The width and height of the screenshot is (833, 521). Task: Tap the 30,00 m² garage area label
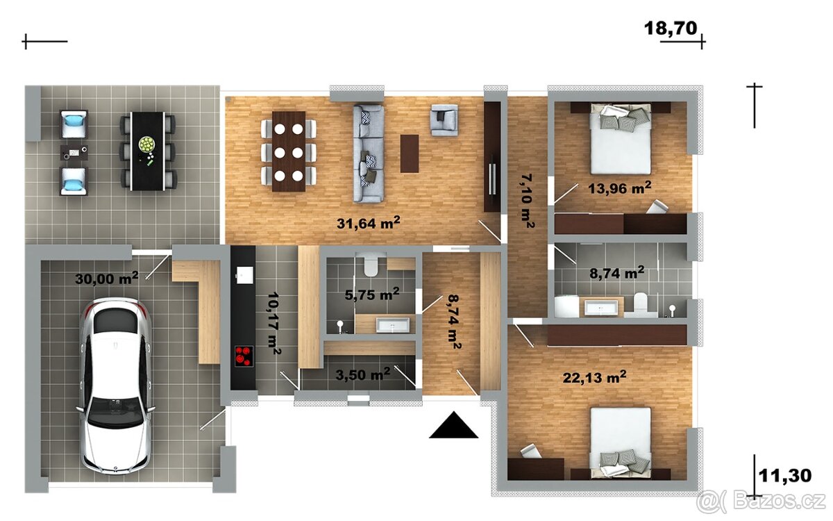[107, 278]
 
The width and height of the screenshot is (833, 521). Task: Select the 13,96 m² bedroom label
[619, 188]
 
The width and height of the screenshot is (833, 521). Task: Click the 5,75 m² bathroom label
[372, 294]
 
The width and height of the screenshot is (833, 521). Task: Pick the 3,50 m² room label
[363, 374]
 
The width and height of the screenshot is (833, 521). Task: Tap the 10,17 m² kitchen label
[274, 322]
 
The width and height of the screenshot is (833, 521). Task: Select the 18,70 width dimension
[671, 28]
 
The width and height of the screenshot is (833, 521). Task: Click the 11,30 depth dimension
[784, 476]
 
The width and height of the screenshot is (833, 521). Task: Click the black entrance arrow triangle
[453, 425]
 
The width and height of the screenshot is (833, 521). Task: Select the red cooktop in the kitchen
[244, 356]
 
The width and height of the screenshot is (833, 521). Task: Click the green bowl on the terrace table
[146, 144]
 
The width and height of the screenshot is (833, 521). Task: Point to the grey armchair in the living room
[444, 119]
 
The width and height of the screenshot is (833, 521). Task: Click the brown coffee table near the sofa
[410, 154]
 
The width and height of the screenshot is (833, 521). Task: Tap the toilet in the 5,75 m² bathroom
[371, 265]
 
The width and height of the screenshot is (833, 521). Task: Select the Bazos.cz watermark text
[762, 502]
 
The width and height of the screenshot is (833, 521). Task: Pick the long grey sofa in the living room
[368, 154]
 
